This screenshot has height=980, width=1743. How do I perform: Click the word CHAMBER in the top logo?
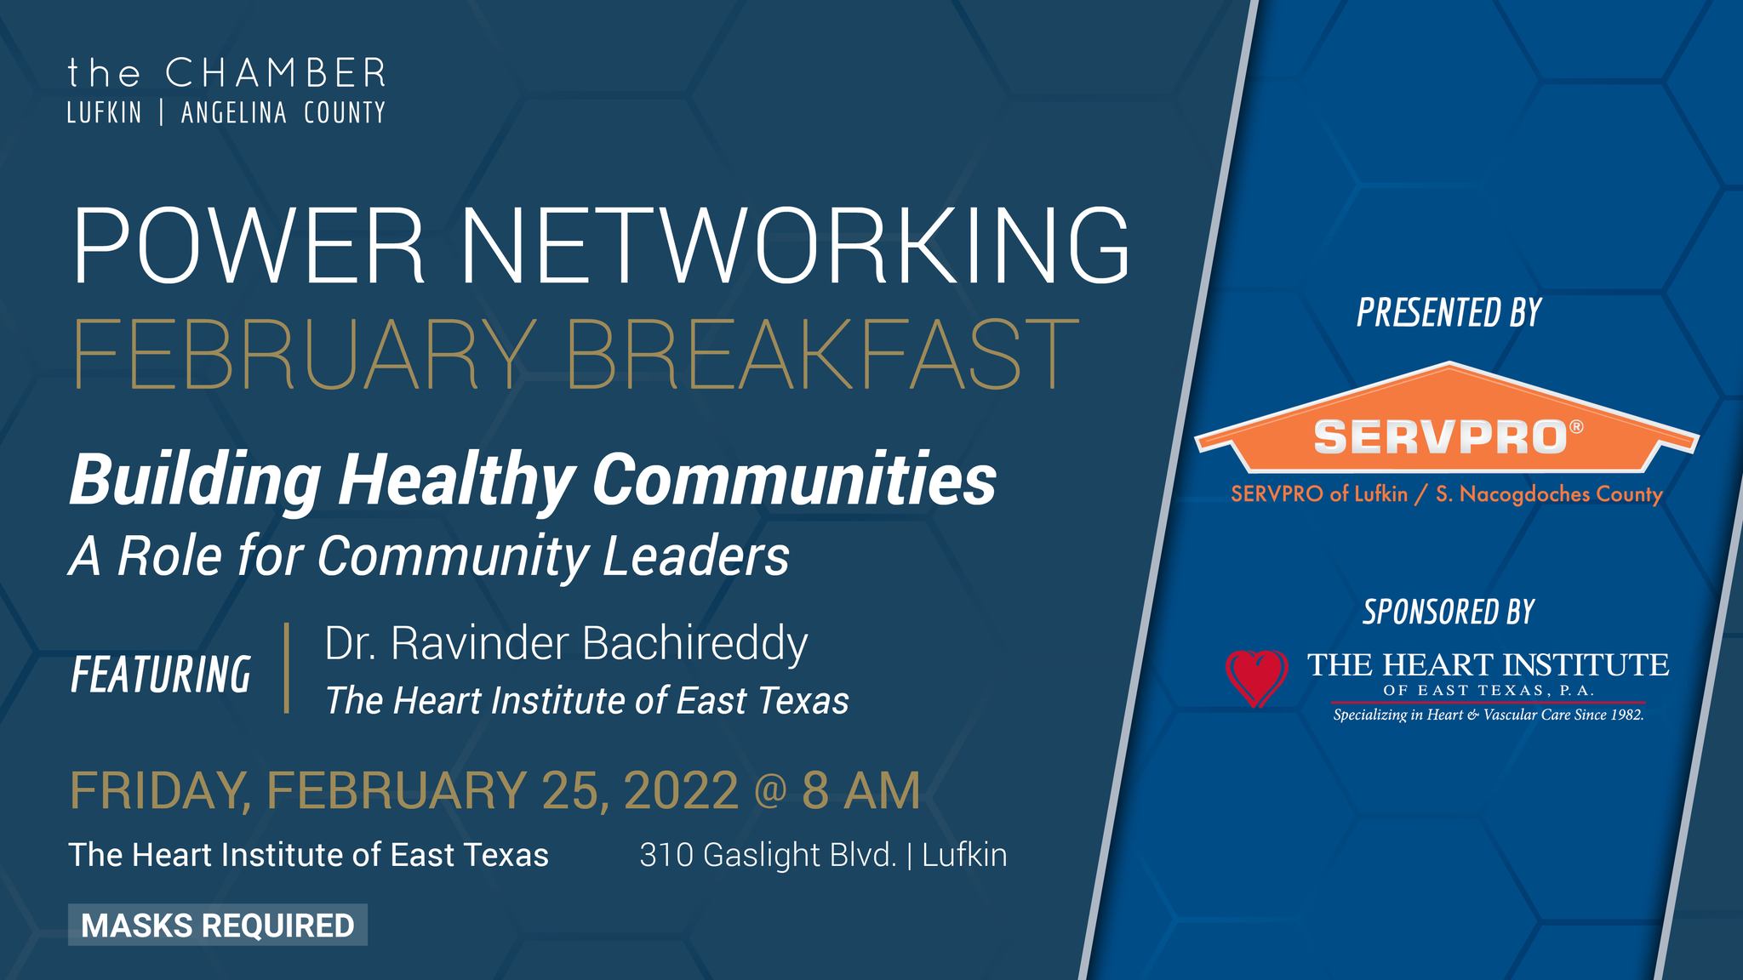click(276, 74)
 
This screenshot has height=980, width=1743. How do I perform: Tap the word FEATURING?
click(161, 675)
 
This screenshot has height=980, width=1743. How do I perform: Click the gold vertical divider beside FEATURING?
click(287, 668)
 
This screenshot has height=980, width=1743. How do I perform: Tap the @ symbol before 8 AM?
click(770, 792)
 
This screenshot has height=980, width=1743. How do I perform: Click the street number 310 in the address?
click(665, 855)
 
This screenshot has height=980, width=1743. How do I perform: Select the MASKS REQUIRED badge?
click(218, 925)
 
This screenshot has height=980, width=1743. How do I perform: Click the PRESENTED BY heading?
click(1449, 312)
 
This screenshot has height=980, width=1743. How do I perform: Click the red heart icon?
click(1257, 678)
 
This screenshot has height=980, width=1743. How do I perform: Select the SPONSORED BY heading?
click(1449, 612)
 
